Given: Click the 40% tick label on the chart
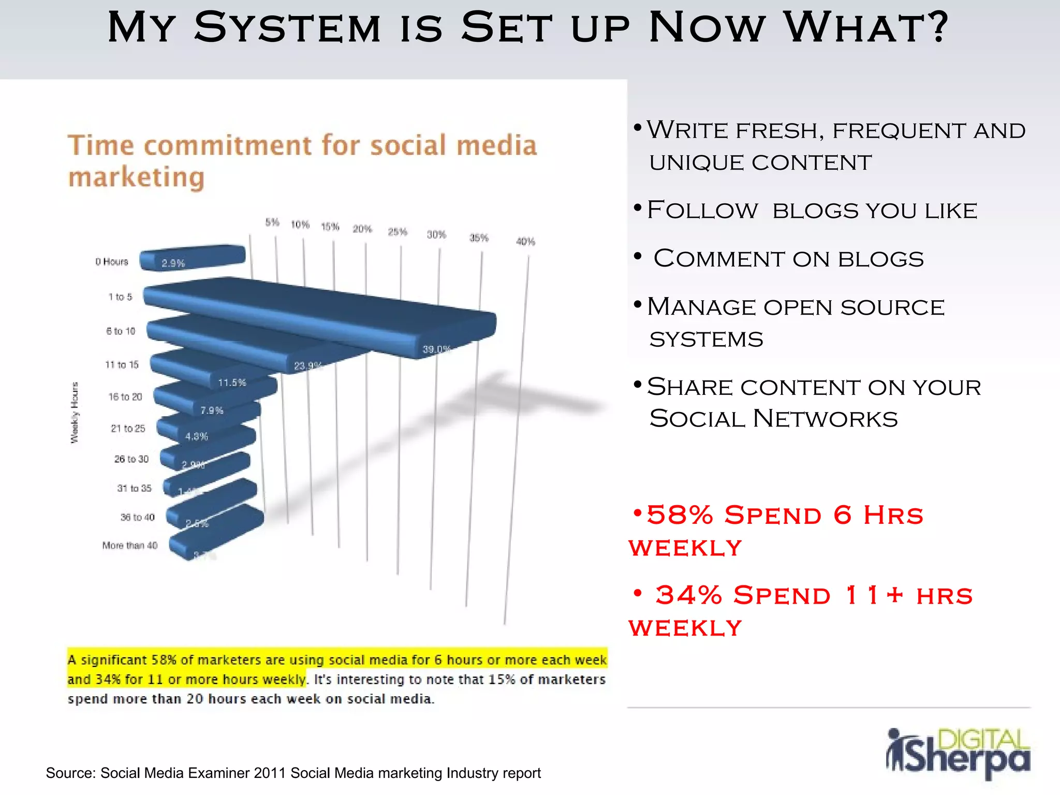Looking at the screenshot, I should [x=525, y=242].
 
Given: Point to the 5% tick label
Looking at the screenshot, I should [x=272, y=223].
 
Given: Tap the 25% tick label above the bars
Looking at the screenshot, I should [x=397, y=232].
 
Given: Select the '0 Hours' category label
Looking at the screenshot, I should [x=111, y=262].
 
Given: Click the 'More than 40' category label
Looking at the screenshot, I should [x=129, y=546].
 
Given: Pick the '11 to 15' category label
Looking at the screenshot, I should [x=122, y=365].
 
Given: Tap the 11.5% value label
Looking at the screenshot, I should [x=232, y=383].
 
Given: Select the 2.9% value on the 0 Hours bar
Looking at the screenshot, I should [x=173, y=263].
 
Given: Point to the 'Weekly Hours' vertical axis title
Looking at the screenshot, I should [x=75, y=413].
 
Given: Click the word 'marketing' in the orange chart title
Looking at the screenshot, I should [x=137, y=178].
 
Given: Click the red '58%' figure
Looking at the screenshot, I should [x=680, y=515].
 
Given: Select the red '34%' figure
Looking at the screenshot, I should [x=688, y=595].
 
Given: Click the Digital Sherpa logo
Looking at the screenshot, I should [x=958, y=753].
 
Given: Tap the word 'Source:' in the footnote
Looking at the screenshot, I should [x=71, y=773].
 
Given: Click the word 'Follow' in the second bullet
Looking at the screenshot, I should [x=702, y=211].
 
